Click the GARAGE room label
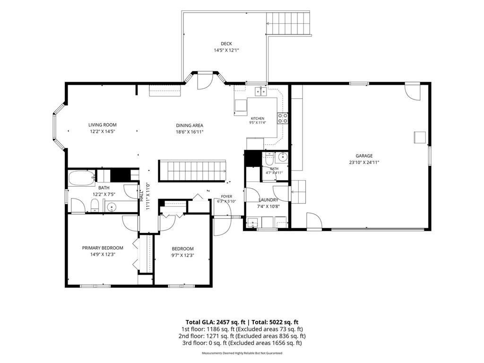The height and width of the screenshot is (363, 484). pos(364,156)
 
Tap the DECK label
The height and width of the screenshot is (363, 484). pos(226,44)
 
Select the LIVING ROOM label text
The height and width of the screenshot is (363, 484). pos(103,125)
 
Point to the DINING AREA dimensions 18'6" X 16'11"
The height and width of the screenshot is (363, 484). pos(190,132)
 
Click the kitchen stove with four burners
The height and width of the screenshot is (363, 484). pos(283,118)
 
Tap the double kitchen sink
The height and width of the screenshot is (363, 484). pos(261,92)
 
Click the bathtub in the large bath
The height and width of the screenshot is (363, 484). pos(82,178)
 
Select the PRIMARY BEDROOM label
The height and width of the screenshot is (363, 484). pos(103,248)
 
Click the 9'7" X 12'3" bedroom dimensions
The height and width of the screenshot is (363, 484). pos(183,255)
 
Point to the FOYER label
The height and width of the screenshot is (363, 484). pos(226,197)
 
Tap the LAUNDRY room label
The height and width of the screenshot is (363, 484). pos(268,200)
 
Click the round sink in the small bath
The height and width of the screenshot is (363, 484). pos(283,157)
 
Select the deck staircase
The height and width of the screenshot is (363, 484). pos(288,24)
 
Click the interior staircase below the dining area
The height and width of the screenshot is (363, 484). pos(192,171)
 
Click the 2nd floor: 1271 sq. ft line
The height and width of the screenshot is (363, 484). pos(242,336)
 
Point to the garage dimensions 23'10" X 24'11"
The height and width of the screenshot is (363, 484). pos(364,163)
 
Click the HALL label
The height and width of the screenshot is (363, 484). pos(141,195)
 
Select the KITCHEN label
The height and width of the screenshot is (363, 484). pos(258,119)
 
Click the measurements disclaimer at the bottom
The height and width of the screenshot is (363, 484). pos(242,353)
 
